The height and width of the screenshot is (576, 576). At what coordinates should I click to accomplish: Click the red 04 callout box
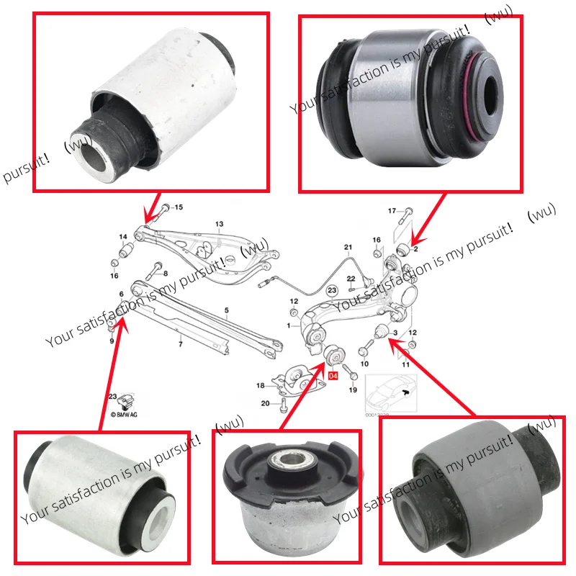[333, 375]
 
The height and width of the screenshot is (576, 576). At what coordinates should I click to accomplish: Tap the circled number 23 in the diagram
[331, 289]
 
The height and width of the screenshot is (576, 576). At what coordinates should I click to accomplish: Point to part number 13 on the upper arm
[220, 225]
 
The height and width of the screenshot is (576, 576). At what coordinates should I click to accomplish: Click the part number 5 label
[226, 311]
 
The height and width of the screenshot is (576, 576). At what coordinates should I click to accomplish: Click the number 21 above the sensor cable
[348, 248]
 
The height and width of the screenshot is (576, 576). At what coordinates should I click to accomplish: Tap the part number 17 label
[392, 211]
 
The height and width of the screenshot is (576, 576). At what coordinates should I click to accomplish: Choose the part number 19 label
[353, 390]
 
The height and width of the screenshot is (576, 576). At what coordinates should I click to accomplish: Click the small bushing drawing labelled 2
[403, 249]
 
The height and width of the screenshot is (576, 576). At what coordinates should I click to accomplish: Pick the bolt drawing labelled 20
[285, 405]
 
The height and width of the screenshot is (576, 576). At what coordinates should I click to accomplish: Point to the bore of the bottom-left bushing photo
[159, 518]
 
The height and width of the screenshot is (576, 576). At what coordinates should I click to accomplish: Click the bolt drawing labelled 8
[154, 272]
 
